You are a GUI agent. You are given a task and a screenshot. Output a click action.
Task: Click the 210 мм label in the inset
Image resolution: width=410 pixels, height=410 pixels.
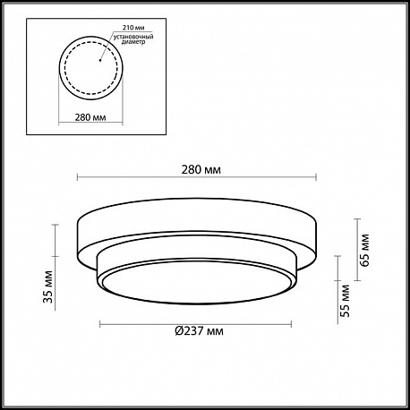pyautogui.click(x=133, y=28)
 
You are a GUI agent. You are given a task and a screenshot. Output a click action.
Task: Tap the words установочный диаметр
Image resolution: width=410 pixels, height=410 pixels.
pyautogui.click(x=133, y=39)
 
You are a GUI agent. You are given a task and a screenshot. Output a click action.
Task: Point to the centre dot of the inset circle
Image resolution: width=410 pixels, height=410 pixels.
pyautogui.click(x=100, y=61)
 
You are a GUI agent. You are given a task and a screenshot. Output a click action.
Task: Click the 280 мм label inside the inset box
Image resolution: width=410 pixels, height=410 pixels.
pyautogui.click(x=90, y=117)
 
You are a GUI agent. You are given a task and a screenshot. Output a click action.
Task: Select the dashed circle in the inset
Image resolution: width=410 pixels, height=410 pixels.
pyautogui.click(x=64, y=68)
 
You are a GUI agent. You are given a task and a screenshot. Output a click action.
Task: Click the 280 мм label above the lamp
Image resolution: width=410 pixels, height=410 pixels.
pyautogui.click(x=201, y=170)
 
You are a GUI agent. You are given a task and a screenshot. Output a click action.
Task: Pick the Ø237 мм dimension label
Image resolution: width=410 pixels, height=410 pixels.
pyautogui.click(x=199, y=331)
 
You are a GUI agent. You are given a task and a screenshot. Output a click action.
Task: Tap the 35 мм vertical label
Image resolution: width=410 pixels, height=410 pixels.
pyautogui.click(x=47, y=286)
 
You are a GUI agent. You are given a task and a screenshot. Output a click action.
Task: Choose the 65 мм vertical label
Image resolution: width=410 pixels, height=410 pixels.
pyautogui.click(x=364, y=250)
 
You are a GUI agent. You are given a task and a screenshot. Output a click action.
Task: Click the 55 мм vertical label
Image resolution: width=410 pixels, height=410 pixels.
pyautogui.click(x=345, y=301)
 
